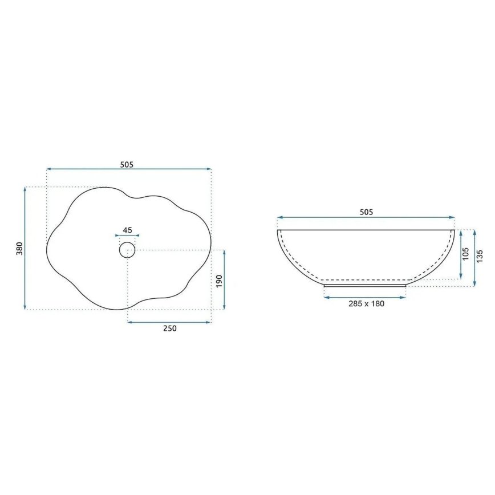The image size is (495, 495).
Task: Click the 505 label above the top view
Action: click(127, 165)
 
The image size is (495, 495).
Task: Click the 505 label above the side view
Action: click(366, 212)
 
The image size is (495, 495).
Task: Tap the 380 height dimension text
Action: click(19, 249)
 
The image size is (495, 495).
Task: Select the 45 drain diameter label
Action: click(127, 230)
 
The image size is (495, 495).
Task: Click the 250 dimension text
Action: click(170, 328)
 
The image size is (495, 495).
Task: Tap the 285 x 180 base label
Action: click(366, 303)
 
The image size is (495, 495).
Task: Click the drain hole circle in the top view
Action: click(127, 249)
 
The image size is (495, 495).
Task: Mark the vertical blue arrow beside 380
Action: click(26, 249)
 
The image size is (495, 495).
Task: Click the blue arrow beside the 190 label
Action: click(224, 280)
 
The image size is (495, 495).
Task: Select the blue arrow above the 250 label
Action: click(169, 322)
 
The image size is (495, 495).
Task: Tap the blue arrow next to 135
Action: click(474, 258)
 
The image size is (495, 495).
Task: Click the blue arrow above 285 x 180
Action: click(365, 297)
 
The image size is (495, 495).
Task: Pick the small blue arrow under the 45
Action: click(127, 235)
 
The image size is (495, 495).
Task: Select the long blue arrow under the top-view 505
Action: click(129, 169)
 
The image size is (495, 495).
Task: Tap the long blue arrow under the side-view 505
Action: click(366, 217)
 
